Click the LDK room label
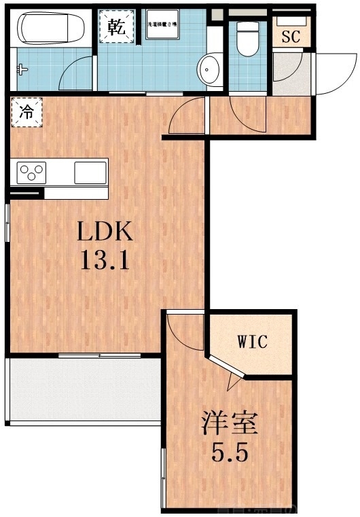click(103, 232)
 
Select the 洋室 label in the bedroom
click(229, 423)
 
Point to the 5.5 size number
click(229, 450)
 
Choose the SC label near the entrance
click(291, 35)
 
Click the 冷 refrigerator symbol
click(25, 112)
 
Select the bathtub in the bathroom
click(50, 30)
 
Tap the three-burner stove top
click(31, 172)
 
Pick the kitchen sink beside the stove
click(90, 172)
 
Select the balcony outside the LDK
click(83, 391)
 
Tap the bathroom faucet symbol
click(23, 69)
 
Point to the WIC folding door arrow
click(233, 382)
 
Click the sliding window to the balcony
click(99, 355)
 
